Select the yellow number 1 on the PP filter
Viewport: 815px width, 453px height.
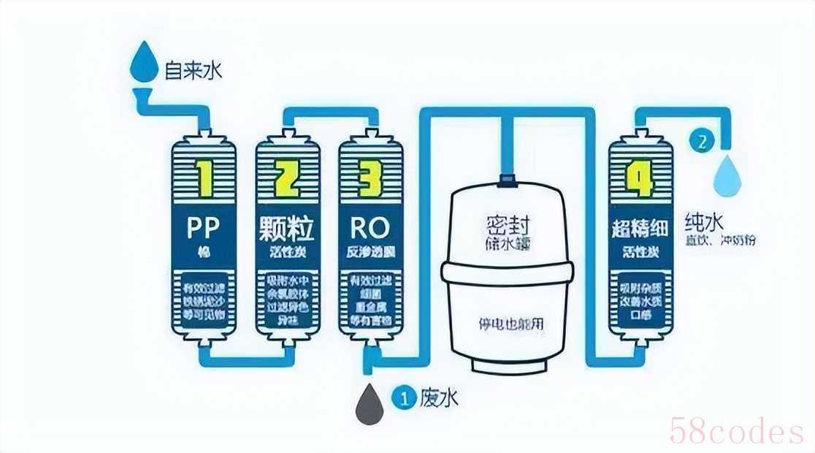point(204,177)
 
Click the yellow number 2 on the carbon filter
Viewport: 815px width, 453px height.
point(286,177)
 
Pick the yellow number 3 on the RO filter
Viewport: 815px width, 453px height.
point(372,177)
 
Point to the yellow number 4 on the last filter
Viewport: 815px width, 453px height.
point(640,177)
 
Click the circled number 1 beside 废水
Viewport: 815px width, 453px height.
point(403,398)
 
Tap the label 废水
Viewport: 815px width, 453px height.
point(439,398)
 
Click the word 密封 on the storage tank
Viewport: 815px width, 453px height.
point(508,224)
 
